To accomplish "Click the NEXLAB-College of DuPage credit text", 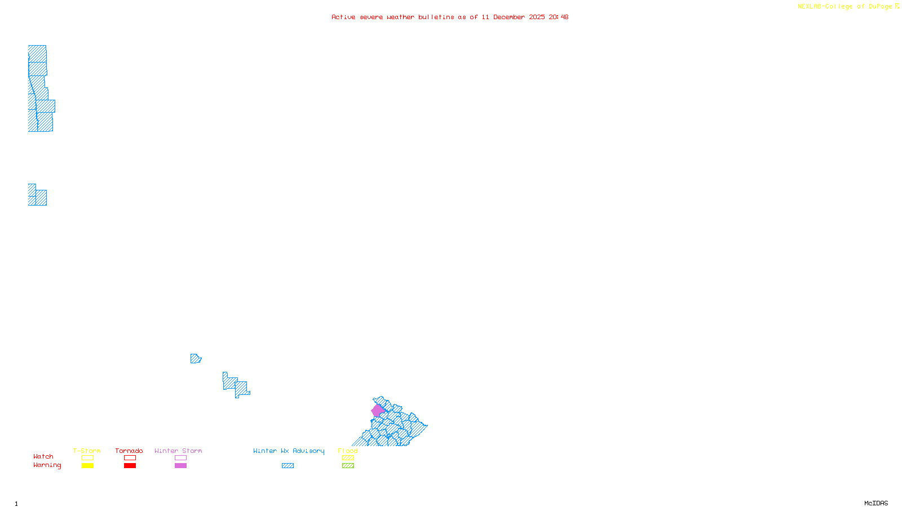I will [x=845, y=7].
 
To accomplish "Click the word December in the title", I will [x=509, y=17].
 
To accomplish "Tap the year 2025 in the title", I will [x=537, y=17].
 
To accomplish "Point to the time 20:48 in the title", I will [x=559, y=17].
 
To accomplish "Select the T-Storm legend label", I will [x=87, y=451].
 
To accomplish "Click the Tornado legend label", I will [x=129, y=451].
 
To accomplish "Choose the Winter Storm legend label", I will [x=178, y=451].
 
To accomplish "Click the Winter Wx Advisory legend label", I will [x=289, y=451].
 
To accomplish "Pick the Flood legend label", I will [x=348, y=451].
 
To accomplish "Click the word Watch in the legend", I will [x=43, y=456].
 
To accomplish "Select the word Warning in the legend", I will [x=47, y=465].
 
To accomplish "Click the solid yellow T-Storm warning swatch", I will [x=87, y=466].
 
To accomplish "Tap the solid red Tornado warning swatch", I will [x=130, y=466].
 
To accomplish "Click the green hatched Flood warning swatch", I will [x=348, y=466].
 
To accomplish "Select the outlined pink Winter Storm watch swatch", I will [x=180, y=458].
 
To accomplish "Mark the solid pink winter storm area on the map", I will [x=377, y=411].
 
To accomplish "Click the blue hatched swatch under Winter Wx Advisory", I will [x=288, y=466].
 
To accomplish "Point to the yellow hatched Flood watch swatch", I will [x=348, y=458].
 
